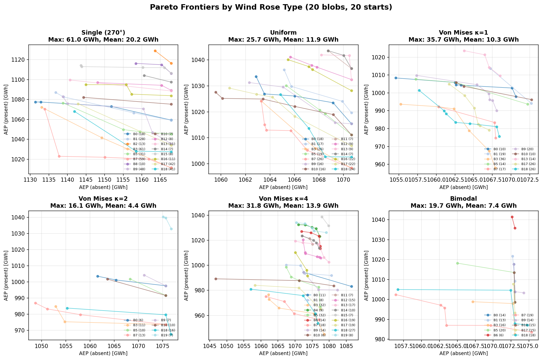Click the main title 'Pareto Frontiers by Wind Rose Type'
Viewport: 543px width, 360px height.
(x=271, y=7)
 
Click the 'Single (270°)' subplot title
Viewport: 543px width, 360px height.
(x=103, y=33)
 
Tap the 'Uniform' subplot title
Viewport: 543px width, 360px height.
(x=283, y=33)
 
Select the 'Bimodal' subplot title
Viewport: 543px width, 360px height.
(x=463, y=199)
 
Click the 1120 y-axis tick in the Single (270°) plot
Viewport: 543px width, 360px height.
(x=21, y=60)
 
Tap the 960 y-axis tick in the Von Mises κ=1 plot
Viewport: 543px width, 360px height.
(x=382, y=165)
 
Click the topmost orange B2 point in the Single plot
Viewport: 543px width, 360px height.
(x=155, y=51)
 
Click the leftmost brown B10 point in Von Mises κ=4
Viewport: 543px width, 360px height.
(x=216, y=279)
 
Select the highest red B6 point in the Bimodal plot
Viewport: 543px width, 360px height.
(x=512, y=217)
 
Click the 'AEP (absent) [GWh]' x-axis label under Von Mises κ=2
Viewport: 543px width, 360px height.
(x=103, y=353)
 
